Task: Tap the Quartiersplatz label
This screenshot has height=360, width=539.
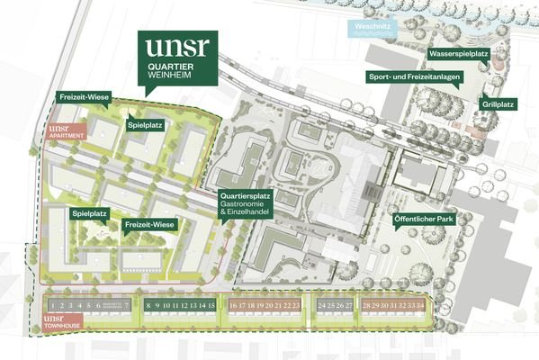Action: click(247, 197)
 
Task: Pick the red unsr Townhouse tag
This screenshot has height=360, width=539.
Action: click(65, 322)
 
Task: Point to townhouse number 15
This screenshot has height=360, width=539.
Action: click(211, 306)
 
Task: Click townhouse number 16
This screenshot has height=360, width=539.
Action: click(233, 306)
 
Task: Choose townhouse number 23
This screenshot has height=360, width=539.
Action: click(296, 306)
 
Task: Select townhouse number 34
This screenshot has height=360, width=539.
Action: click(420, 306)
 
